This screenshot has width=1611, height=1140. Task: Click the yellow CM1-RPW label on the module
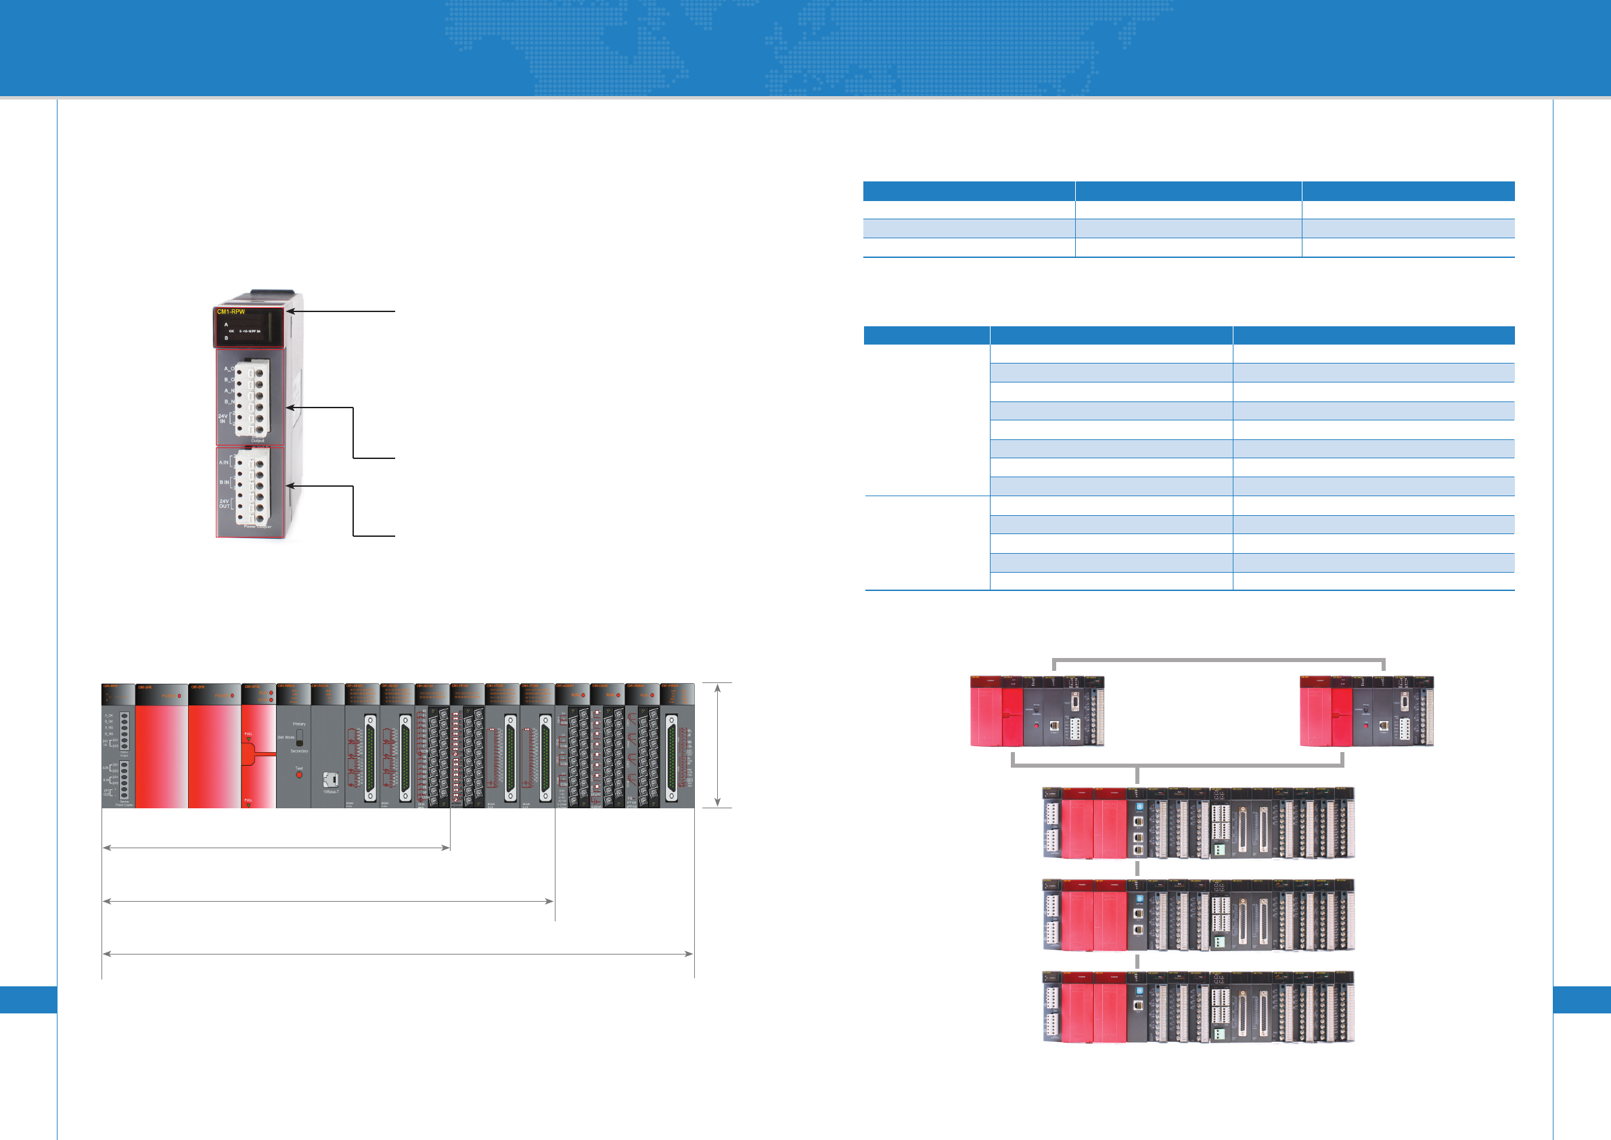click(231, 311)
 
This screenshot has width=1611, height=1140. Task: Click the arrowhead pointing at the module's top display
click(290, 311)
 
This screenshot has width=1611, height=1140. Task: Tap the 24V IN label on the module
click(223, 418)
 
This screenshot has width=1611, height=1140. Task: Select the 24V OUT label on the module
click(224, 503)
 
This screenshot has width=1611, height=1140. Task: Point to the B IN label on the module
click(224, 482)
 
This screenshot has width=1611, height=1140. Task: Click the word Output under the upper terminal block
click(258, 441)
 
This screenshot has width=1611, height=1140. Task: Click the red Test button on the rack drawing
click(299, 775)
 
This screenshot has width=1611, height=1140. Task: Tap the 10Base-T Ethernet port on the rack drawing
click(330, 779)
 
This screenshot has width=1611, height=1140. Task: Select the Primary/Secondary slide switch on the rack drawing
click(300, 738)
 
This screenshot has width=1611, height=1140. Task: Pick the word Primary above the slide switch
click(299, 724)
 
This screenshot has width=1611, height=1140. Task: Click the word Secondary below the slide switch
click(299, 751)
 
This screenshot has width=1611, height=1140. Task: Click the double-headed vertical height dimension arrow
click(717, 745)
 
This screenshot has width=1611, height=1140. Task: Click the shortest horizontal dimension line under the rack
click(276, 848)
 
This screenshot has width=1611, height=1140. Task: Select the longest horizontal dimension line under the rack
click(398, 954)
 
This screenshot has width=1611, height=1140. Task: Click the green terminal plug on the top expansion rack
click(1219, 851)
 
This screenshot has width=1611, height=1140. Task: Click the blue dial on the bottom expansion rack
click(1139, 990)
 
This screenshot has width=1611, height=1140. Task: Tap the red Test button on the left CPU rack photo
click(1037, 724)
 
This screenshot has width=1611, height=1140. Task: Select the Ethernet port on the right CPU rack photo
click(1383, 726)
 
